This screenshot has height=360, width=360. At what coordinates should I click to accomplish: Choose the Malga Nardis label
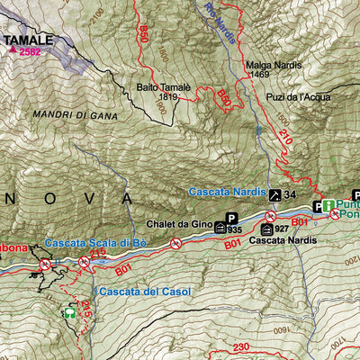(272, 64)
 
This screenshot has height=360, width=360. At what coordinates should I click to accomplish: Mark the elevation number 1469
(260, 74)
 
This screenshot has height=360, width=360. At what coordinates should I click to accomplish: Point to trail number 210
(285, 138)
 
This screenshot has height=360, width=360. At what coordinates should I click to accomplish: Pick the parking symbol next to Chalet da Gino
(232, 218)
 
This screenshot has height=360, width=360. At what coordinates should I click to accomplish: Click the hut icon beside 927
(265, 229)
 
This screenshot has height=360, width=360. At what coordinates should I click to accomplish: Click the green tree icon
(67, 314)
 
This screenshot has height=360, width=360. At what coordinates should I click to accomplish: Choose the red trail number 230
(239, 347)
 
